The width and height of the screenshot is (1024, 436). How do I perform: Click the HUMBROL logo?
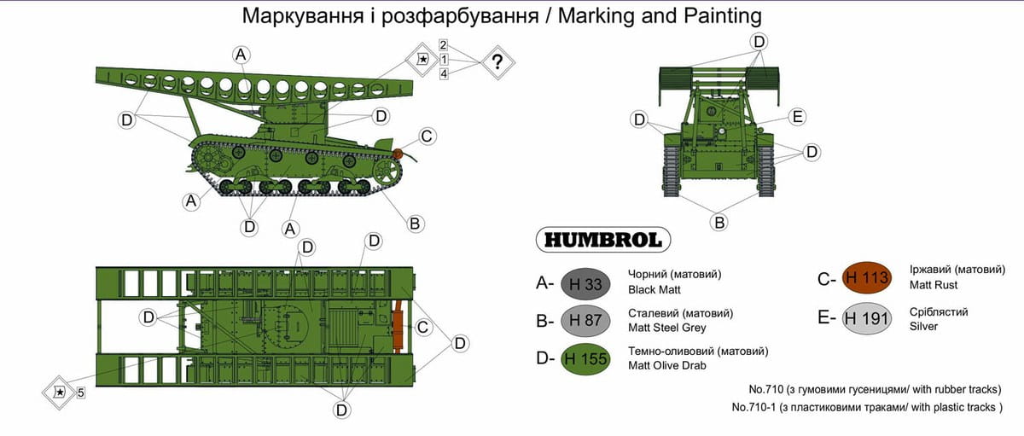point(603,240)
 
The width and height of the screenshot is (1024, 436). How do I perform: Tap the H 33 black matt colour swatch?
point(585,284)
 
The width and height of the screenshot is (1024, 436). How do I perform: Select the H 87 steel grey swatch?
point(585,320)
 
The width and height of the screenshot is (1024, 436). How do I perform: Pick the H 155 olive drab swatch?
point(585,358)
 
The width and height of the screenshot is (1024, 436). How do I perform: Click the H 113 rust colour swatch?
point(867,277)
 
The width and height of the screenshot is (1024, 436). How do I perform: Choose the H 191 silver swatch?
point(867,318)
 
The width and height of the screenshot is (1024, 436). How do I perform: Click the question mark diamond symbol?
point(497,61)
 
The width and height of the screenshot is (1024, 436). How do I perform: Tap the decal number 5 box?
point(80,392)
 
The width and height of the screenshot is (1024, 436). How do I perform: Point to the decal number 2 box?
point(443,44)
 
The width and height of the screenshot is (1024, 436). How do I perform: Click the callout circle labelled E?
point(797,117)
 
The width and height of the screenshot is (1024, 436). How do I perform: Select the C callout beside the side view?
point(426,137)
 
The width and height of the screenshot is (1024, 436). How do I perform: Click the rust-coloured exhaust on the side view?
point(398,154)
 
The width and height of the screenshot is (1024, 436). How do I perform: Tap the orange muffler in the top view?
point(398,326)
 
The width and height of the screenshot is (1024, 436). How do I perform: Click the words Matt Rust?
point(933,285)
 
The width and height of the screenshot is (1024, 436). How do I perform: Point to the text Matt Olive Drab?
point(667,366)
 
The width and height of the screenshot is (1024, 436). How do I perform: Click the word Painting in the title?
point(723,16)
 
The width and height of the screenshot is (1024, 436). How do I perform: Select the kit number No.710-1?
point(753,407)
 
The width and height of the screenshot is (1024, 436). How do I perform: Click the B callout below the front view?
point(719,223)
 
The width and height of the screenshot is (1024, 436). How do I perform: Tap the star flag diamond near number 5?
point(60,392)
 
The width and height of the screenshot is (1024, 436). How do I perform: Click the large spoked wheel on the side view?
point(387,171)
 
